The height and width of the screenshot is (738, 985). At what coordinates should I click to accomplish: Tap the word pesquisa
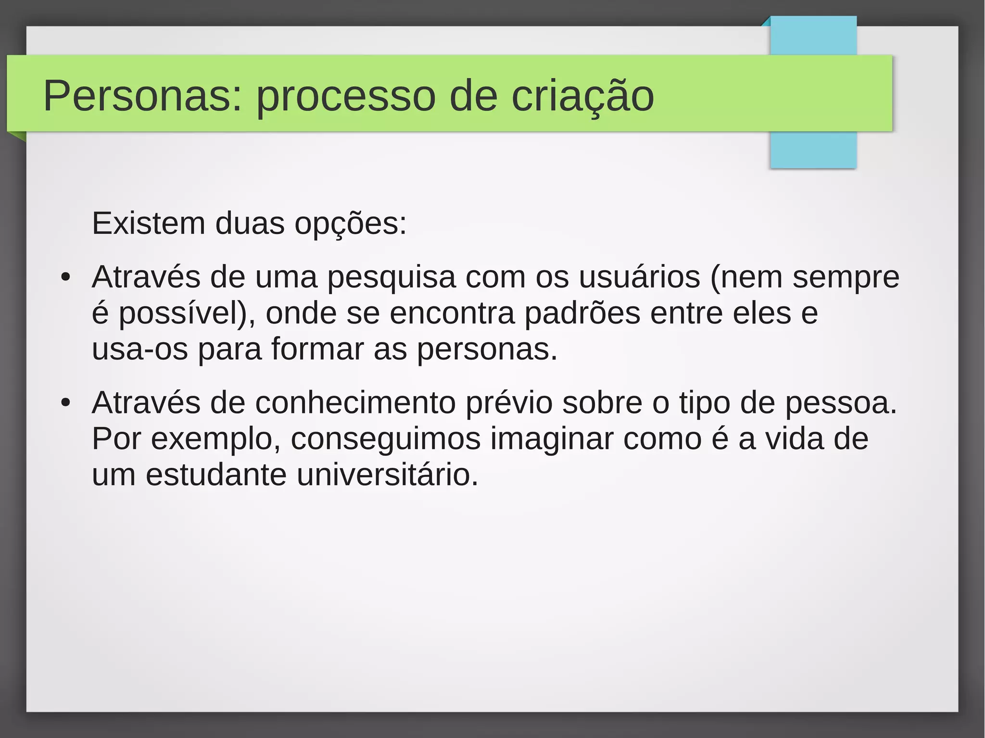(391, 278)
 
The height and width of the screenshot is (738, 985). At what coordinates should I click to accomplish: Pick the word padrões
(582, 313)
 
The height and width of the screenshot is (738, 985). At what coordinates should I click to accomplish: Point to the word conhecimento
(355, 403)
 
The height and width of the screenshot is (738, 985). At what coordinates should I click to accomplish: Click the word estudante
(216, 475)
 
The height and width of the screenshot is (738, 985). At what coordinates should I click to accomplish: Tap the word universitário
(387, 475)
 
